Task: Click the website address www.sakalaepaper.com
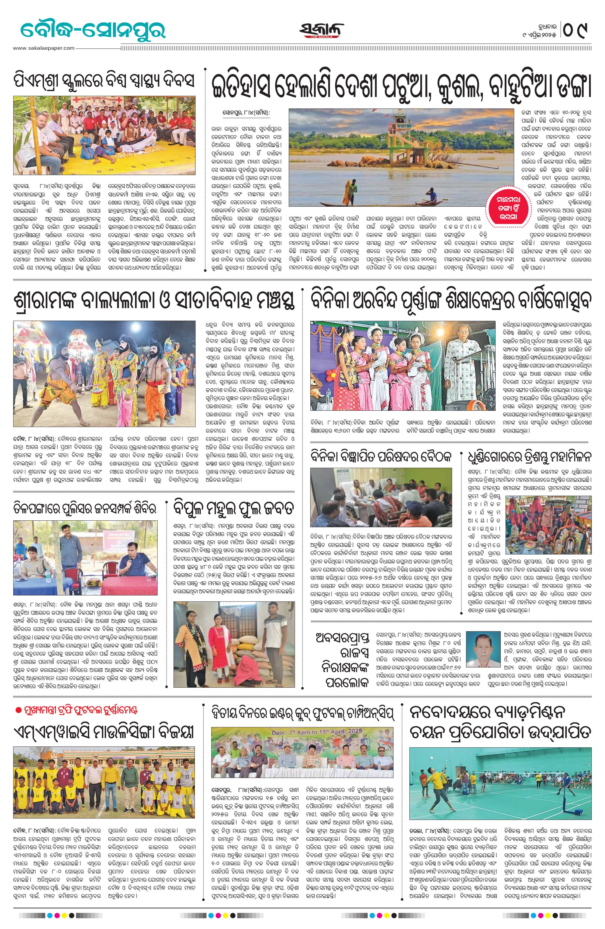(x=43, y=48)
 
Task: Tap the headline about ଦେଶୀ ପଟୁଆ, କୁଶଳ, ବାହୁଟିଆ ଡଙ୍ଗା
(x=401, y=87)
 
